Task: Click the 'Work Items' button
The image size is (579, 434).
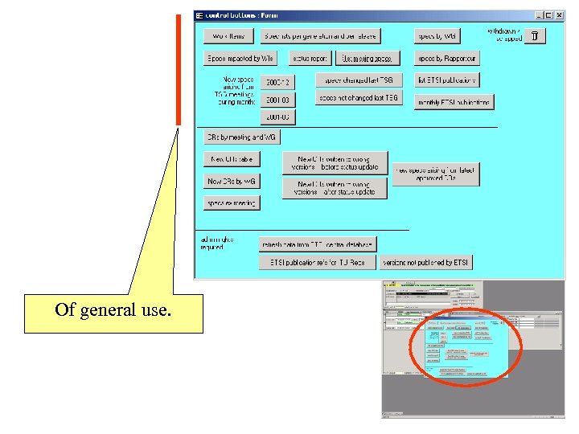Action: coord(229,36)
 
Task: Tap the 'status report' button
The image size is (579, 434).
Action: coord(310,59)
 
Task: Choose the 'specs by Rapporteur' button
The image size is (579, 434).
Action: coord(447,59)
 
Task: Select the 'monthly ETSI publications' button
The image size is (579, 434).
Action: coord(454,102)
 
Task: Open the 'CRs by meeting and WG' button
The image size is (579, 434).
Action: coord(242,137)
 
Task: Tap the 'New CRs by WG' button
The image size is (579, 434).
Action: coord(232,182)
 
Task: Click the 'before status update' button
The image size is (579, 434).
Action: coord(335,163)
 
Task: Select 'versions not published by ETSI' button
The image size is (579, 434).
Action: coord(425,263)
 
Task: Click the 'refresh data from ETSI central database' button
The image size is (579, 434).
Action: coord(318,244)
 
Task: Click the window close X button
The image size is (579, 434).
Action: coord(559,15)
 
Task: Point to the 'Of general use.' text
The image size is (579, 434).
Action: coord(113,309)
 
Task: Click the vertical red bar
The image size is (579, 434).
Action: coord(179,70)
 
